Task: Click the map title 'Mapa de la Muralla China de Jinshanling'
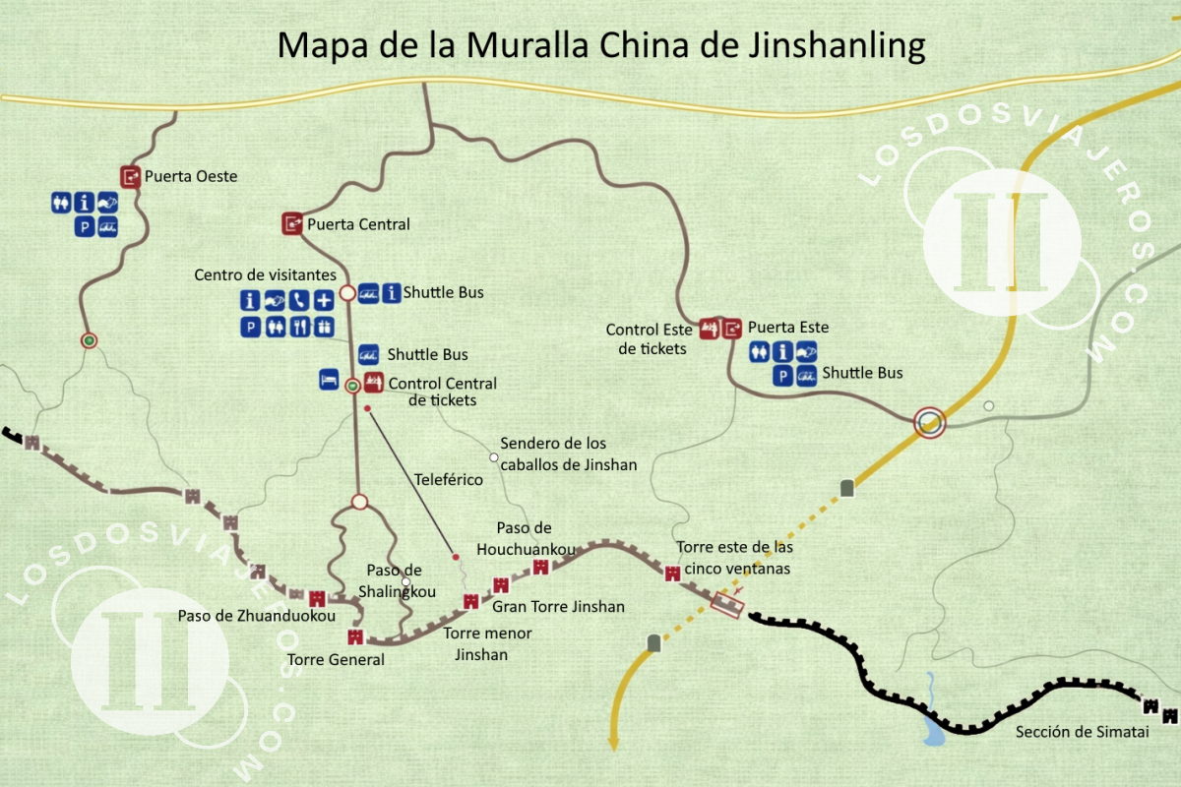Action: (600, 45)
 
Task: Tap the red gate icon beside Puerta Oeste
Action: (131, 176)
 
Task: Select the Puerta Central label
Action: (358, 224)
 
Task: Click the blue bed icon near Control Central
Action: (329, 380)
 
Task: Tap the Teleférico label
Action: (447, 480)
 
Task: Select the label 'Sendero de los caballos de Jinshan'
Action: (568, 454)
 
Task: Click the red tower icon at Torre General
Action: (355, 636)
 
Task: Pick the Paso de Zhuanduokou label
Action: (257, 616)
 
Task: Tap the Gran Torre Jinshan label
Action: (558, 607)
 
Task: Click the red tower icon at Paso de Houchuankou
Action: (540, 568)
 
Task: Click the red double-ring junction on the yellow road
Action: (929, 423)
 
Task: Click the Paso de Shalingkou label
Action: (394, 580)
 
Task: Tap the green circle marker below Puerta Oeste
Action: (90, 340)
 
